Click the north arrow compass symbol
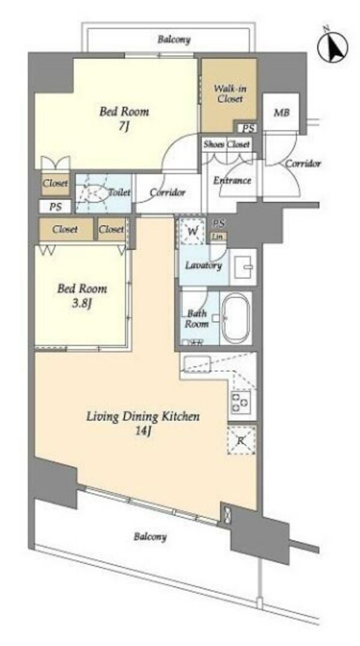pos(332,46)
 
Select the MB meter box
pos(281,113)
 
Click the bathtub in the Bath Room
pos(235,319)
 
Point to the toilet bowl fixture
pos(94,193)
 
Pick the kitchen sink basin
pos(197,363)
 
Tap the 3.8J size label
pos(82,304)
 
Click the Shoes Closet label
pos(227,145)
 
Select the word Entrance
pos(232,181)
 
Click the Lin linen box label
pos(218,236)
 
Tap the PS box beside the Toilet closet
pos(56,206)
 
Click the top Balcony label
pos(174,40)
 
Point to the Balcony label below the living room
pos(150,537)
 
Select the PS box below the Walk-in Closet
pos(248,128)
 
